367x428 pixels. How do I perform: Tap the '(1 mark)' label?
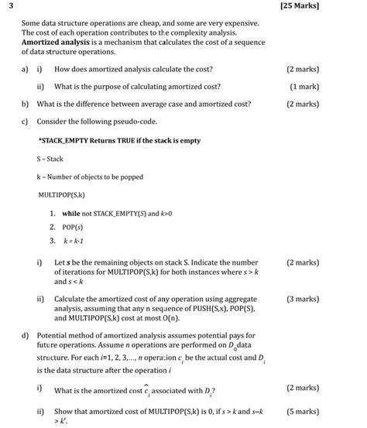coord(304,87)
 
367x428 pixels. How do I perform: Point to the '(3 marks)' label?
coord(302,299)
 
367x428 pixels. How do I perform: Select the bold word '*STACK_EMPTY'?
coord(61,142)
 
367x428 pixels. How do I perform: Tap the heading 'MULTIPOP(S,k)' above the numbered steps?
coord(61,194)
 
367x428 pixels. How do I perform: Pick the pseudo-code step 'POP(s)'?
coord(74,227)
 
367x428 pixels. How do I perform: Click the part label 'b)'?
coord(26,104)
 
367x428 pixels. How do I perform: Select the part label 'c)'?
coord(26,122)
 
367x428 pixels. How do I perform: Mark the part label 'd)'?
coord(26,335)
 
